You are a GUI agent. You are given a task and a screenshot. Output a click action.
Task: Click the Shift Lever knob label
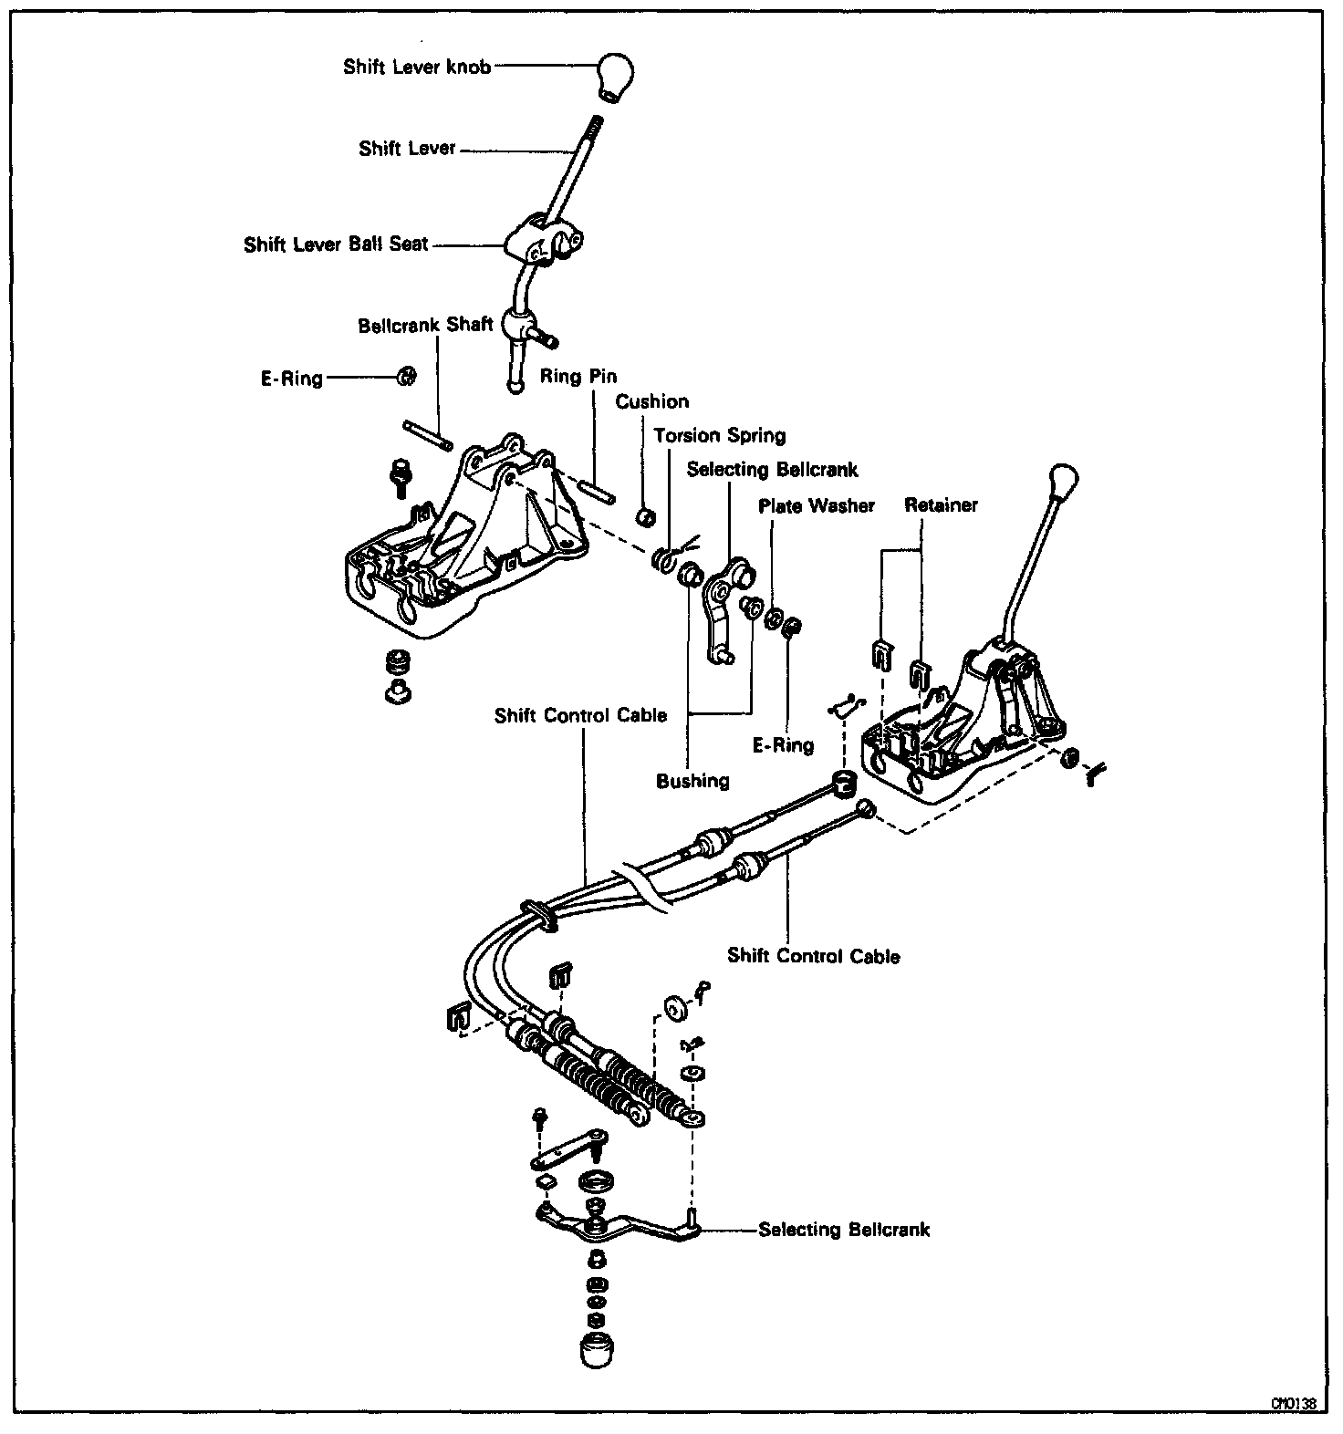(x=416, y=68)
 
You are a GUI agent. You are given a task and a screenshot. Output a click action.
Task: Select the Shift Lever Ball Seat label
(x=336, y=245)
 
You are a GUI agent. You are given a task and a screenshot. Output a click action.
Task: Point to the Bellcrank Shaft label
(x=425, y=325)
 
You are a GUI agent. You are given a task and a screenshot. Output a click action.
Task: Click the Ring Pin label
(x=578, y=376)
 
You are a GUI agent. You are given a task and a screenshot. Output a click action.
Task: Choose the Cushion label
(x=651, y=401)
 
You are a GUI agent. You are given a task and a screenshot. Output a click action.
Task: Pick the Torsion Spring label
(x=719, y=435)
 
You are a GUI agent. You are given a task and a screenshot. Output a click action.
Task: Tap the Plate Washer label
(x=817, y=505)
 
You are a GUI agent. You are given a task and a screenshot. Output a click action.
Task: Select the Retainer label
(x=941, y=504)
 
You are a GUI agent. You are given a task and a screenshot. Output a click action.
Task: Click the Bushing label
(x=692, y=781)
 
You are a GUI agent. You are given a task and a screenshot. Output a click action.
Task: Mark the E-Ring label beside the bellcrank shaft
(x=291, y=379)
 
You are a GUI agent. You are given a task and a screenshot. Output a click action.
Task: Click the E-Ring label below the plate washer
(x=783, y=745)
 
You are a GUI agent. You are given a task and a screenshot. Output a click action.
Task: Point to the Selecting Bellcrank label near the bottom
(x=844, y=1230)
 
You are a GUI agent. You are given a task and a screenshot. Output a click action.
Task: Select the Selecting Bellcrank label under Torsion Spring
(x=772, y=469)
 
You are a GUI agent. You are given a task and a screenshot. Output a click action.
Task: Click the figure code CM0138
(x=1295, y=1404)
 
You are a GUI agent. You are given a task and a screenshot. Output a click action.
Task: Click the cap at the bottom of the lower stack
(x=596, y=1351)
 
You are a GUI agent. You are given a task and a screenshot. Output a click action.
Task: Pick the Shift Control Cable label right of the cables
(x=813, y=956)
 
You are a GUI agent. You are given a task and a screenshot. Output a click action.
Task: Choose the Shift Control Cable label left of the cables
(x=580, y=715)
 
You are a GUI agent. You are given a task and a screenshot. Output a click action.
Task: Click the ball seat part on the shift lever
(x=540, y=243)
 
